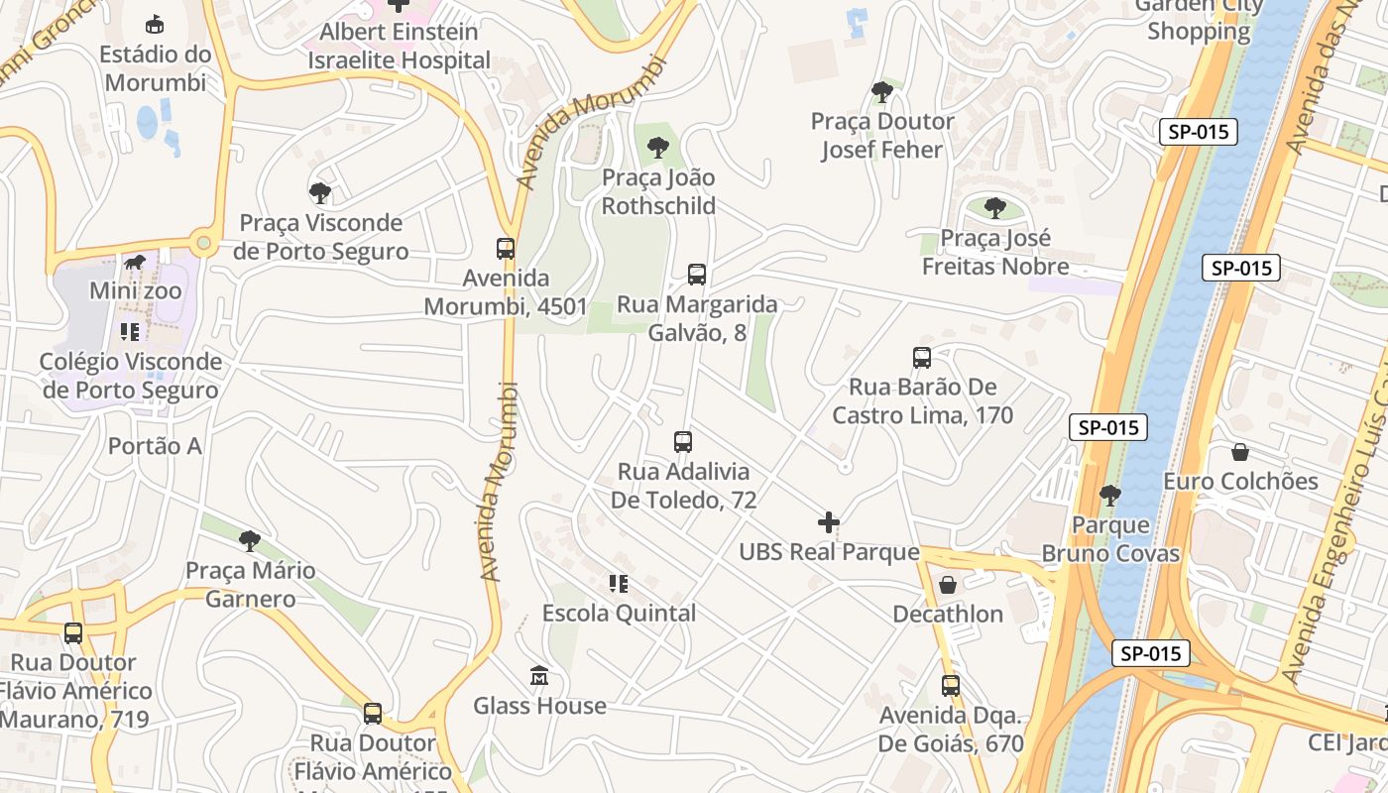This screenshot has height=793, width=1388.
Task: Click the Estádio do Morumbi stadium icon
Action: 155,24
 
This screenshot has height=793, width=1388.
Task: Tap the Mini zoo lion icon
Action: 135,263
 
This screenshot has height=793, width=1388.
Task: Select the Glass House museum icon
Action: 538,677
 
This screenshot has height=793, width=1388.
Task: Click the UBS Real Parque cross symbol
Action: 829,522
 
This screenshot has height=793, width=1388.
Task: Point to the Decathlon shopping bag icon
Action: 948,585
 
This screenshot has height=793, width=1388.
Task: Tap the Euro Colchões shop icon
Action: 1239,452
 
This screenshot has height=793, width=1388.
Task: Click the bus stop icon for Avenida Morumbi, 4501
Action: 506,249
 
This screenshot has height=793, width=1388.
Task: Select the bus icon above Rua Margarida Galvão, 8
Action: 697,275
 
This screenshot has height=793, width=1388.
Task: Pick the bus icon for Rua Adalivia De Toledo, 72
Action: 682,442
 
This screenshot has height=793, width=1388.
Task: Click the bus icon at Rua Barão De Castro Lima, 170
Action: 922,358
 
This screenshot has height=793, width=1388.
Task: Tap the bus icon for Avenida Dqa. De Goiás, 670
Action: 950,685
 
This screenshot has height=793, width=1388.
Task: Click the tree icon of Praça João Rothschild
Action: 657,149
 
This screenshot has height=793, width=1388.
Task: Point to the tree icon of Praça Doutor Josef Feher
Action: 881,92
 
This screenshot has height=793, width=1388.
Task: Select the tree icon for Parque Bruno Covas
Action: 1110,495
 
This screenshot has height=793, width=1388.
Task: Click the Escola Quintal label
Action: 619,614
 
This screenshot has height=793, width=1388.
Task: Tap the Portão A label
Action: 155,446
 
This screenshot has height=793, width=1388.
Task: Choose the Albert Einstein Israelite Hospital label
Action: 399,46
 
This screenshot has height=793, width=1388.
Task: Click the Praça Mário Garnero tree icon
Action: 250,541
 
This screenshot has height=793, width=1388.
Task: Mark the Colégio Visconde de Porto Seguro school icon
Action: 130,332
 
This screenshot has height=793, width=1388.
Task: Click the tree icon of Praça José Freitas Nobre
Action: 995,208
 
